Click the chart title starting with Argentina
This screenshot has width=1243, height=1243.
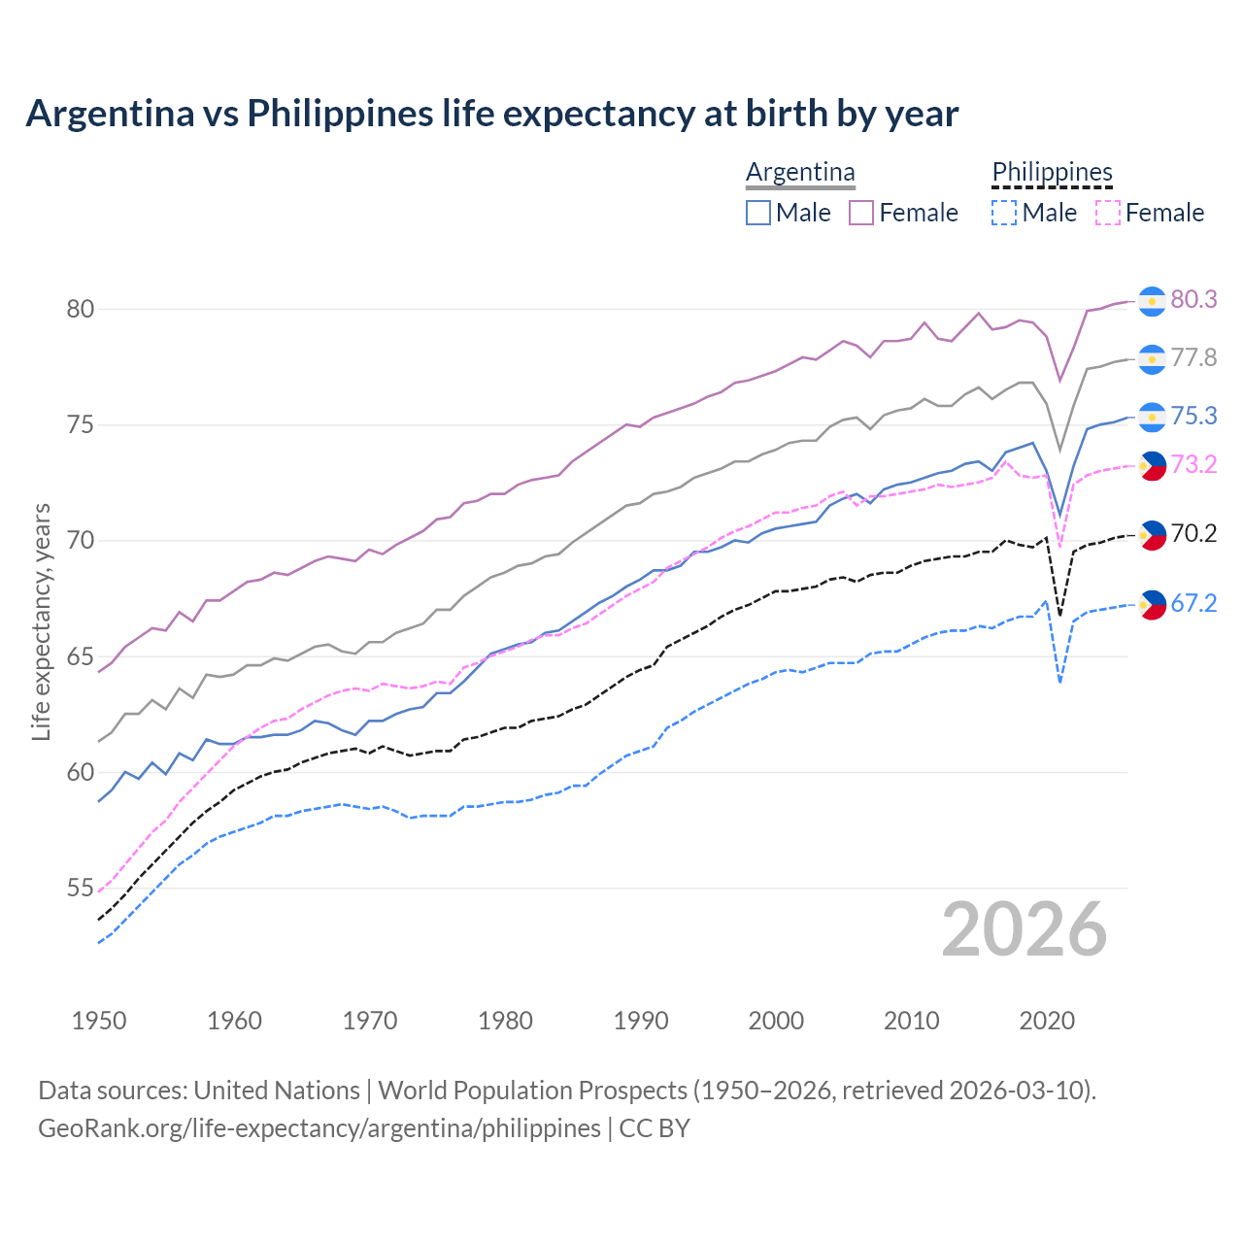(491, 114)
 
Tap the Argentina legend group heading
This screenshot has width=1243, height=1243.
(800, 173)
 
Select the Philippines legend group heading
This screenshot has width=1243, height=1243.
(1052, 173)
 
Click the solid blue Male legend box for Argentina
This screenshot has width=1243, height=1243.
(758, 213)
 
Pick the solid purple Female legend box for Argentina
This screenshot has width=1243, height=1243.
(861, 213)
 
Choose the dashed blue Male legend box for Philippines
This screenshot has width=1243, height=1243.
(1004, 213)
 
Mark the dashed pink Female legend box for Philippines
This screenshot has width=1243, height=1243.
(1107, 213)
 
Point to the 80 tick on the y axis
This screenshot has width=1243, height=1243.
(80, 310)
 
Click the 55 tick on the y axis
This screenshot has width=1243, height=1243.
(80, 889)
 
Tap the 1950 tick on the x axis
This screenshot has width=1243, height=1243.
(99, 1021)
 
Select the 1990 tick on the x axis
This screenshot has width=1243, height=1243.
(641, 1021)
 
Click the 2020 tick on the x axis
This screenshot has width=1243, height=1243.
(1047, 1021)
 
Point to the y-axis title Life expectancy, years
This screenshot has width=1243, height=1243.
(41, 621)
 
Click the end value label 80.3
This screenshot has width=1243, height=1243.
(1193, 300)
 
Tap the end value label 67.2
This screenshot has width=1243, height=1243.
(1193, 604)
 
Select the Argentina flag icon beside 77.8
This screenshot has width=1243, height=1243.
(1152, 359)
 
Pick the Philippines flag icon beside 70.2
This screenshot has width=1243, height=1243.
(1152, 535)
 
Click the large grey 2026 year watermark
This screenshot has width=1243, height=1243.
(1025, 929)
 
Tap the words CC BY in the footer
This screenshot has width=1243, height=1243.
(655, 1128)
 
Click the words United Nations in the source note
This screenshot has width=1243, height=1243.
(277, 1091)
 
